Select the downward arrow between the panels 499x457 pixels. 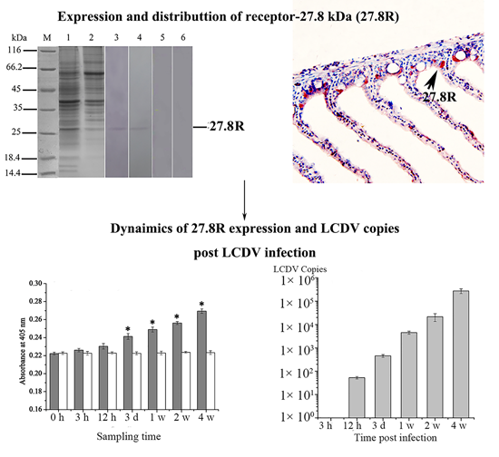(x=246, y=197)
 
